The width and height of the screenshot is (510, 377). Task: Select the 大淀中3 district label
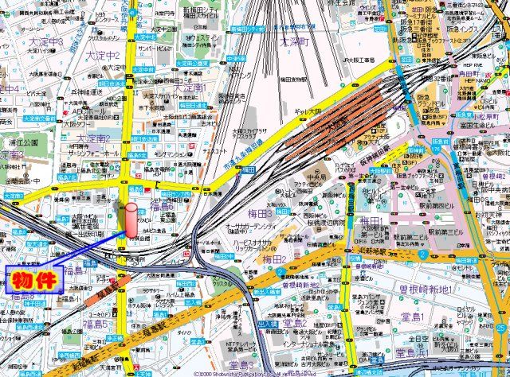point(46,41)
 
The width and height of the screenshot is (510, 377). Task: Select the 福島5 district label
point(93,323)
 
